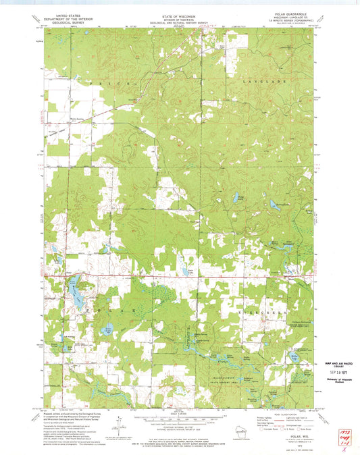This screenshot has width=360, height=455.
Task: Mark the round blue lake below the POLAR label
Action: point(107,330)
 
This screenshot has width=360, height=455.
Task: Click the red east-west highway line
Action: point(182,275)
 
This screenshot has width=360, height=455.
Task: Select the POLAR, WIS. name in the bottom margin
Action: point(293,437)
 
